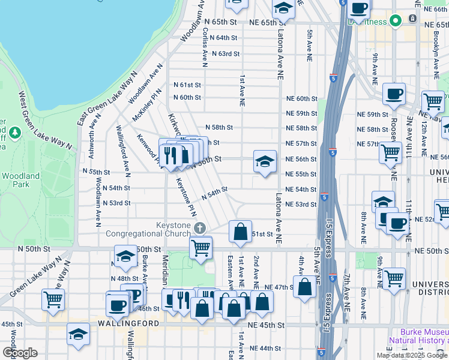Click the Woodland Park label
20,180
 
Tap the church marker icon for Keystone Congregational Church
200,229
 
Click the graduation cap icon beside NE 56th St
265,162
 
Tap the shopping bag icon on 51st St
240,232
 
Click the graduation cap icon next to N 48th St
126,256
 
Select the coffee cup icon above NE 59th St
394,94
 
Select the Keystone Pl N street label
184,199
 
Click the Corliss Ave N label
205,49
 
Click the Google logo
20,353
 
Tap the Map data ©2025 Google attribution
412,355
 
